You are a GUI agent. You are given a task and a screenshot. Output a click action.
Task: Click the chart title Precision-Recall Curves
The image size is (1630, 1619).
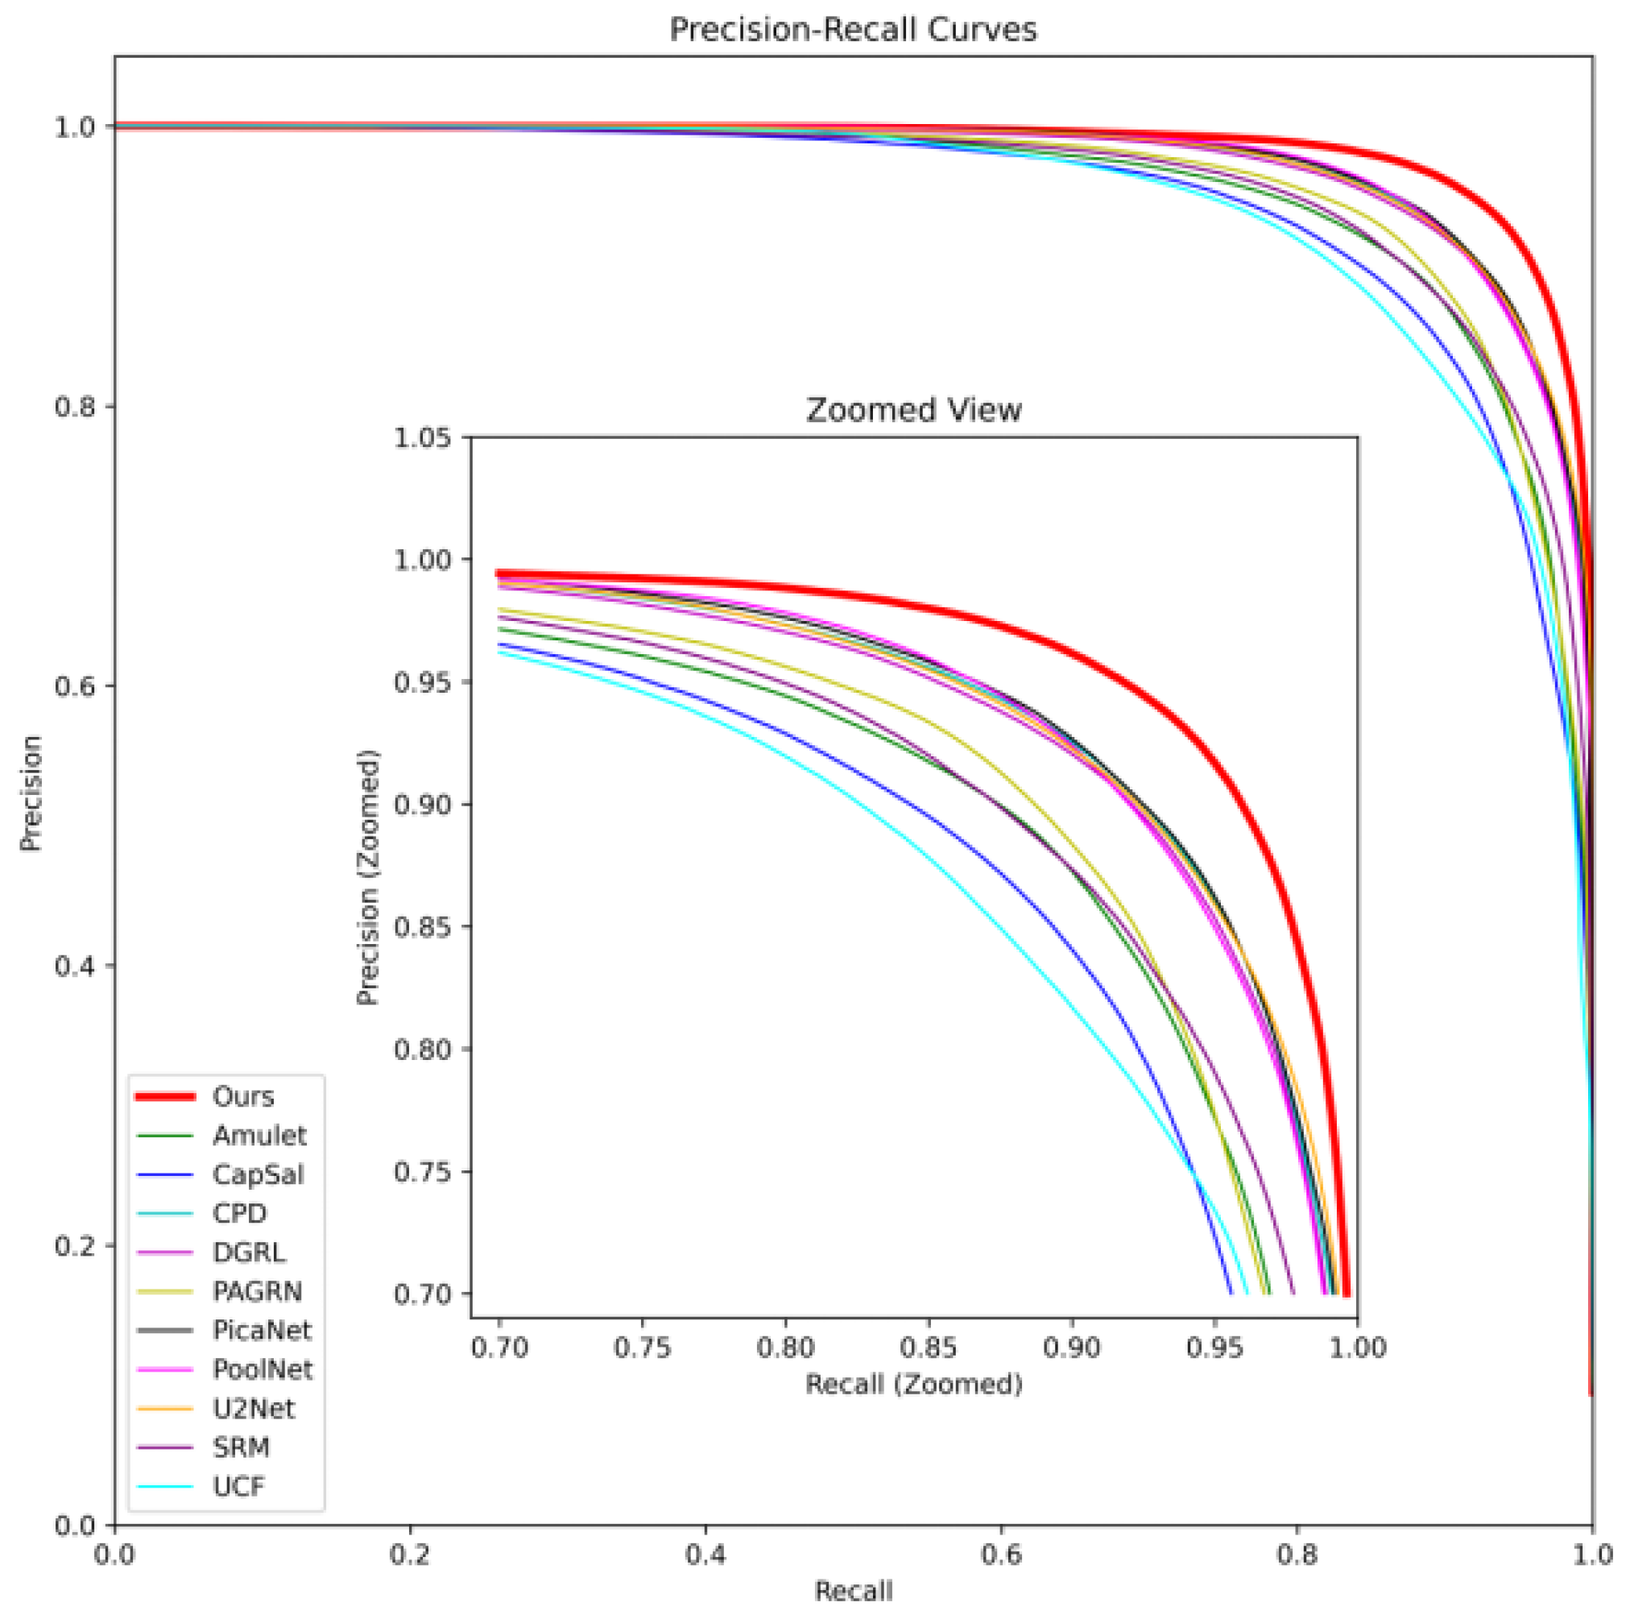click(x=852, y=31)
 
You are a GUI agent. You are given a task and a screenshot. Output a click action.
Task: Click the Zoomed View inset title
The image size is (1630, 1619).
click(x=914, y=410)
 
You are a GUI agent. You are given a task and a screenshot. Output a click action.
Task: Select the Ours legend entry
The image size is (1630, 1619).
click(x=243, y=1097)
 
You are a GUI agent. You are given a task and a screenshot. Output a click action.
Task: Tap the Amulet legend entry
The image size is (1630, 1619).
click(x=259, y=1136)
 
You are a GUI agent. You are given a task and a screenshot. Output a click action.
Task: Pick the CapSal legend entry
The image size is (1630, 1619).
click(x=258, y=1174)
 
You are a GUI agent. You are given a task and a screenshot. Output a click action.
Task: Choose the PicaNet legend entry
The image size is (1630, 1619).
click(x=262, y=1331)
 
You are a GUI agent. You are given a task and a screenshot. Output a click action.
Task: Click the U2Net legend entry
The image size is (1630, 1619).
click(x=253, y=1408)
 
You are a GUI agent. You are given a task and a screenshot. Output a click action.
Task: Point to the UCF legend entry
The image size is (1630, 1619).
click(x=238, y=1486)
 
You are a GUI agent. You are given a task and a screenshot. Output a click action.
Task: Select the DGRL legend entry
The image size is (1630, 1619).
click(x=249, y=1252)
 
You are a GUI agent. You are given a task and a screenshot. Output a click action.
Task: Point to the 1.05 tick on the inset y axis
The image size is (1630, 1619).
click(x=422, y=438)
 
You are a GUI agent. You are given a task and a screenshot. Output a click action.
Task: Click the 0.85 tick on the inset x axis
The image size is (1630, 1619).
click(x=929, y=1348)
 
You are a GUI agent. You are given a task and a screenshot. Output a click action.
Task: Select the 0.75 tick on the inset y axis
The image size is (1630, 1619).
click(x=422, y=1172)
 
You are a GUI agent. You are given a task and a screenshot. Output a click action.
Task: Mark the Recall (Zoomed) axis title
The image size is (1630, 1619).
click(x=914, y=1385)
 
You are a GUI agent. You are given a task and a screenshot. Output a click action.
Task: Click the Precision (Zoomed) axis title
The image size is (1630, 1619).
click(x=368, y=877)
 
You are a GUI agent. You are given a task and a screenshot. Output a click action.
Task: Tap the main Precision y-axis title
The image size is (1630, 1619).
click(x=31, y=793)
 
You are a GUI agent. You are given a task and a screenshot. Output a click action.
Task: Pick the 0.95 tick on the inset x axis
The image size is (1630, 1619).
click(x=1215, y=1348)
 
